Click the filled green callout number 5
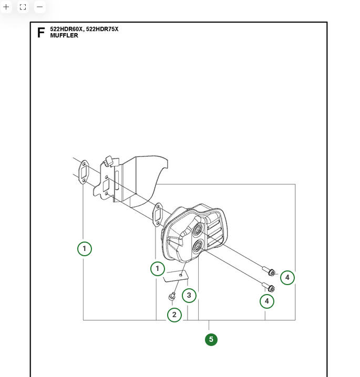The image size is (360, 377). point(211,339)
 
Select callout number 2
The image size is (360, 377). point(174,315)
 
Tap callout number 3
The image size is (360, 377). point(189,295)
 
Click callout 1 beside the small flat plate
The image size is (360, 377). point(157,269)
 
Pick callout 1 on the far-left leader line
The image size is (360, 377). point(84,248)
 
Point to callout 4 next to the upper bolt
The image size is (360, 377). point(287,277)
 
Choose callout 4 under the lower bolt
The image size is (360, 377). point(267,301)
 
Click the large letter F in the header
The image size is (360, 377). point(41,33)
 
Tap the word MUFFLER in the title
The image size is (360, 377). point(64,36)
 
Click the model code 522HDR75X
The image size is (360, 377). point(102,29)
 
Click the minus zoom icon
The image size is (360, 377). point(39,7)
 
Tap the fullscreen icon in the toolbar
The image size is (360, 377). point(23,7)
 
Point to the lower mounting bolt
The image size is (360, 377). point(270,287)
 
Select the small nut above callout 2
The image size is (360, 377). point(172,297)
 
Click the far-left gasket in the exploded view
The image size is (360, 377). point(83,171)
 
